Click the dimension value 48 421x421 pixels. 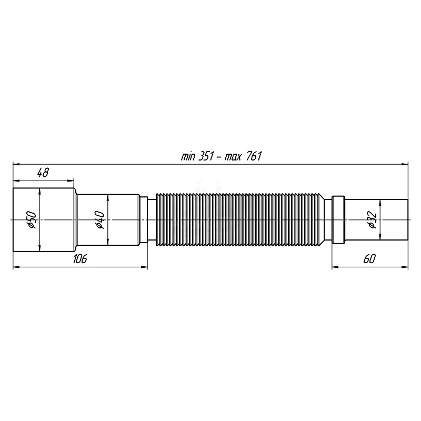tap(43, 173)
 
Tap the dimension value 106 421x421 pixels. tap(80, 258)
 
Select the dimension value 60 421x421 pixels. tap(369, 258)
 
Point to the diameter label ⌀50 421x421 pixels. tap(32, 219)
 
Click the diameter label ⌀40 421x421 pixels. tap(99, 219)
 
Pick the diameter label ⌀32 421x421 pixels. tap(373, 220)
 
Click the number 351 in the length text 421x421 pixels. tap(206, 156)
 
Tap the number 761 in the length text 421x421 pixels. tap(254, 156)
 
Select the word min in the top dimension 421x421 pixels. tap(188, 157)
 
